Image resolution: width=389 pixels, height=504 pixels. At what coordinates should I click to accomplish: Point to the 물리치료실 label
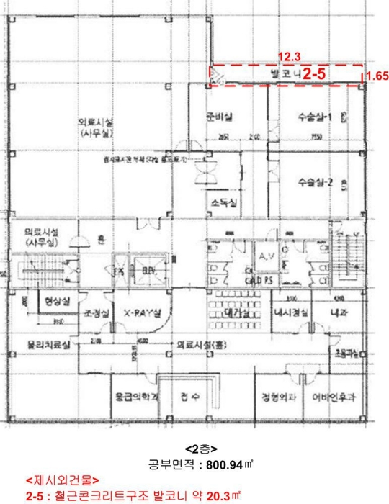pos(48,345)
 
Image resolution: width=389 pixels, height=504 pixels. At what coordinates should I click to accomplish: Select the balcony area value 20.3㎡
pos(215,496)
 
